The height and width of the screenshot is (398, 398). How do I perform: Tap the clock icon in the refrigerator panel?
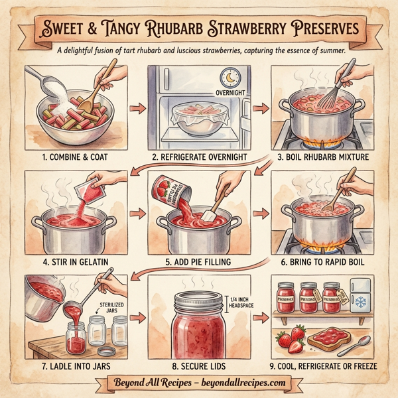[230, 78]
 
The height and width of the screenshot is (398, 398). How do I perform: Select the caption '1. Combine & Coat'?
[70, 158]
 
